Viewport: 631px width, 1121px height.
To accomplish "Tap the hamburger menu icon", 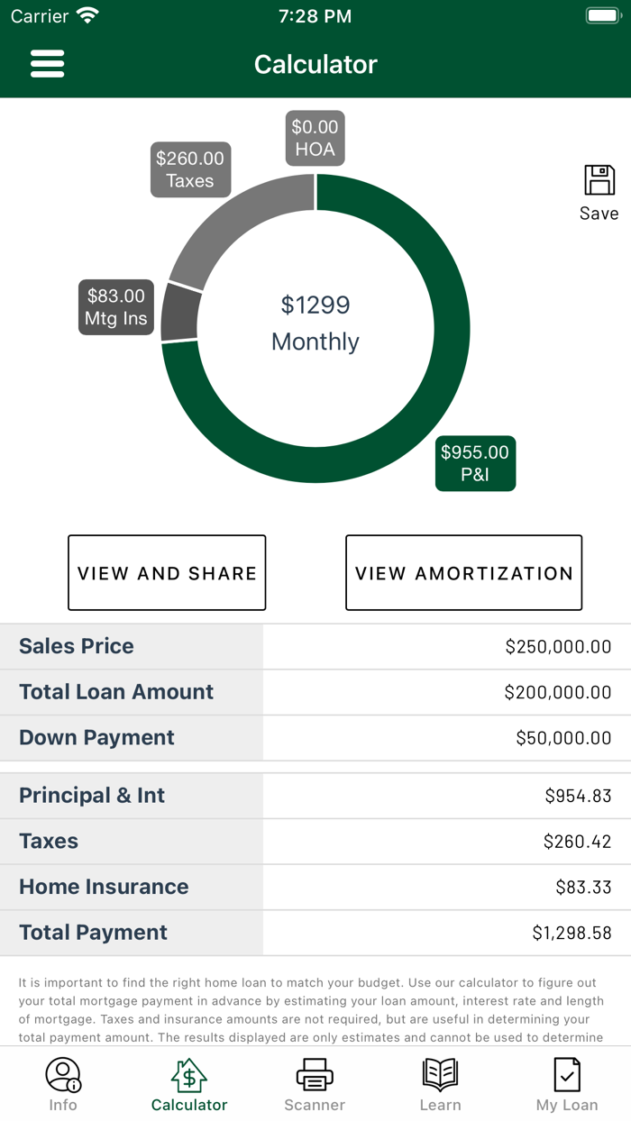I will pyautogui.click(x=47, y=64).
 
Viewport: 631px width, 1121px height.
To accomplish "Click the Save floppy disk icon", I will pyautogui.click(x=599, y=180).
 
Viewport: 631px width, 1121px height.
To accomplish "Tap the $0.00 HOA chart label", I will pyautogui.click(x=315, y=138).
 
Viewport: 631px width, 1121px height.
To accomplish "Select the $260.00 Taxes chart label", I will pyautogui.click(x=190, y=169).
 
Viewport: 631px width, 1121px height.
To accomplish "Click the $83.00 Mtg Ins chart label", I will pyautogui.click(x=115, y=307).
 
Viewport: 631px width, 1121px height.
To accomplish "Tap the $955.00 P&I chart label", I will pyautogui.click(x=475, y=463).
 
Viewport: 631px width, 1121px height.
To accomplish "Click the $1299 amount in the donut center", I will pyautogui.click(x=315, y=305).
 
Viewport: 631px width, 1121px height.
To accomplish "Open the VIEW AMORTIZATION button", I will pyautogui.click(x=463, y=573).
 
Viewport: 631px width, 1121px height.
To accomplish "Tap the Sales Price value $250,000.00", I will pyautogui.click(x=558, y=646).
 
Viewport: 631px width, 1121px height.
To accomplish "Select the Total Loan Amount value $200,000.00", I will pyautogui.click(x=558, y=692).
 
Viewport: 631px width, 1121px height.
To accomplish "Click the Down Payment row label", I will pyautogui.click(x=97, y=737).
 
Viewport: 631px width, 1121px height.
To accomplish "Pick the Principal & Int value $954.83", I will pyautogui.click(x=578, y=796).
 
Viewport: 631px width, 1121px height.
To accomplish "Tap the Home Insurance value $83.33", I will pyautogui.click(x=583, y=887).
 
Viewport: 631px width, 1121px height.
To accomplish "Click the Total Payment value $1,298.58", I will pyautogui.click(x=572, y=933).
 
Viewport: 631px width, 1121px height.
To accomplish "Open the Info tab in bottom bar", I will pyautogui.click(x=63, y=1084).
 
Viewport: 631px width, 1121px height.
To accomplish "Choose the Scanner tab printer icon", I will pyautogui.click(x=315, y=1075).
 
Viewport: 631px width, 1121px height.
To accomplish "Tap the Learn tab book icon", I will pyautogui.click(x=440, y=1075).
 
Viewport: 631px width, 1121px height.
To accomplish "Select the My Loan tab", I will pyautogui.click(x=567, y=1084).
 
